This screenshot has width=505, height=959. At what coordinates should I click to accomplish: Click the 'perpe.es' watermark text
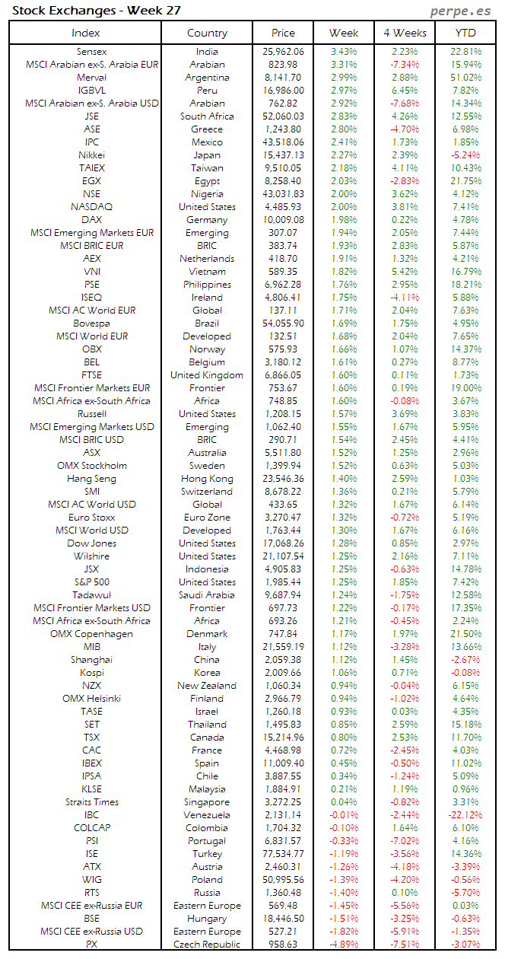pyautogui.click(x=461, y=11)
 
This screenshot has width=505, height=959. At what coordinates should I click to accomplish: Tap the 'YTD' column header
pyautogui.click(x=465, y=33)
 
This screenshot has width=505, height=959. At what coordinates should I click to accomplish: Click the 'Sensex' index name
pyautogui.click(x=91, y=52)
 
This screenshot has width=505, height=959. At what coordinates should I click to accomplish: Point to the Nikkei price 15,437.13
pyautogui.click(x=284, y=155)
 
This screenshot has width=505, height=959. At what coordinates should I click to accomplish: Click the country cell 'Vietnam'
pyautogui.click(x=207, y=272)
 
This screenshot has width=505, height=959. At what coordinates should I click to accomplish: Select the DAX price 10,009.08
pyautogui.click(x=284, y=220)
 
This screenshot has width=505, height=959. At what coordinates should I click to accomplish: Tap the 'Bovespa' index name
pyautogui.click(x=91, y=323)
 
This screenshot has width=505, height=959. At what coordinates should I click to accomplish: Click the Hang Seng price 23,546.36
pyautogui.click(x=284, y=479)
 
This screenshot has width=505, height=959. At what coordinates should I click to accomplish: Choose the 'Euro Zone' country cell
pyautogui.click(x=207, y=518)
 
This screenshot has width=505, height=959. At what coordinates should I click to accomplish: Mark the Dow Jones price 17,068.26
pyautogui.click(x=284, y=543)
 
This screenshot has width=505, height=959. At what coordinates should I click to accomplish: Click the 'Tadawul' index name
pyautogui.click(x=91, y=595)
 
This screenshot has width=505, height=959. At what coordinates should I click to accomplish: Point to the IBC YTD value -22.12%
pyautogui.click(x=465, y=815)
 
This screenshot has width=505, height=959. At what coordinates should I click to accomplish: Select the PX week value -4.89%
pyautogui.click(x=343, y=945)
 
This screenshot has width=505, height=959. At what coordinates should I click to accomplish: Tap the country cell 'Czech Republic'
pyautogui.click(x=207, y=945)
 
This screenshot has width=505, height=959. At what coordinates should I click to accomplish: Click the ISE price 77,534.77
pyautogui.click(x=284, y=854)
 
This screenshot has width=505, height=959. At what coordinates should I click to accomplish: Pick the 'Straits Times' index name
pyautogui.click(x=91, y=802)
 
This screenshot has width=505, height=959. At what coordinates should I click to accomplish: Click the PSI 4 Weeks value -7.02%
pyautogui.click(x=404, y=841)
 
